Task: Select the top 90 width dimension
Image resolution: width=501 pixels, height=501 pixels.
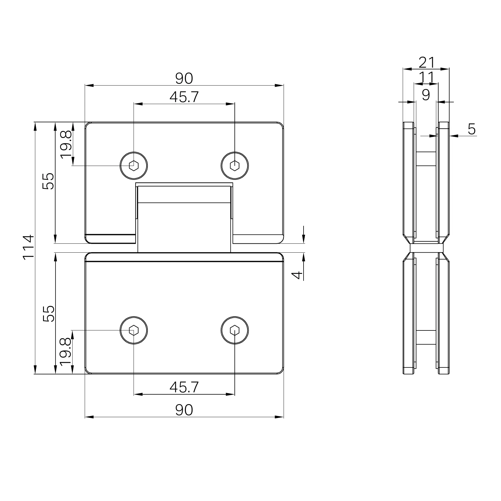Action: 184,79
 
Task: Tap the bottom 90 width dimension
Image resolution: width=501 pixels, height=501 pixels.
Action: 184,410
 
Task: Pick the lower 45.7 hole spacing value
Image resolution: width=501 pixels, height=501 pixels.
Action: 184,387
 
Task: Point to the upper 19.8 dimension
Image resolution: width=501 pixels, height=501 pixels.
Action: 66,144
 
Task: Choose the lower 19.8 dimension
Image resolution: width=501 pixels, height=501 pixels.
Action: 66,352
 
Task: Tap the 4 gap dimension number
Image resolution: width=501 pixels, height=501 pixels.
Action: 297,275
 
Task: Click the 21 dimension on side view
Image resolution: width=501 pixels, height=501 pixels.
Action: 427,62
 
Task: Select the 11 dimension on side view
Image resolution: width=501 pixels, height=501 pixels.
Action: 426,77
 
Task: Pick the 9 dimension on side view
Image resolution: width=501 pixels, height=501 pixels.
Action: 426,95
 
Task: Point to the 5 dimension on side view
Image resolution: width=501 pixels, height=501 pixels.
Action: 472,129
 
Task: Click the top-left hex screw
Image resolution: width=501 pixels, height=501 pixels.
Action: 134,166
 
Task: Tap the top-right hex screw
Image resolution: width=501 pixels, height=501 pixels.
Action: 235,166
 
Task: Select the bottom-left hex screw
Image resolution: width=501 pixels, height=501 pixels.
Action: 134,330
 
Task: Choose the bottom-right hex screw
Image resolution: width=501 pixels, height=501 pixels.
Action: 235,330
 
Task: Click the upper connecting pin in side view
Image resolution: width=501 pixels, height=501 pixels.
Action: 426,159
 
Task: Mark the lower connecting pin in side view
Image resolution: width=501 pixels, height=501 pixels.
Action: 426,337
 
